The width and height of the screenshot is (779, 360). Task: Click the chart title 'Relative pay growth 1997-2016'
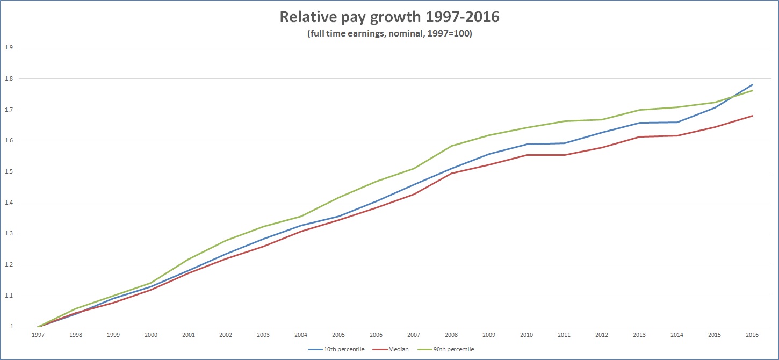[389, 17]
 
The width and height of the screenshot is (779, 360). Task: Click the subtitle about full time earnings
[389, 33]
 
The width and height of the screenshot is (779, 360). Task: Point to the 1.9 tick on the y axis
[9, 48]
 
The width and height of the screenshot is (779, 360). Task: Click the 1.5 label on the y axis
[9, 172]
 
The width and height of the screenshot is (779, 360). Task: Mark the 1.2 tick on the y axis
[9, 265]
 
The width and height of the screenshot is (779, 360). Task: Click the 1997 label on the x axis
[38, 335]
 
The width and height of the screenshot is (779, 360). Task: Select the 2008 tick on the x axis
[451, 335]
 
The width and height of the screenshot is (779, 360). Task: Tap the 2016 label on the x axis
[752, 335]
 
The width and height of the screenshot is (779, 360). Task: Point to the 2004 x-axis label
[301, 335]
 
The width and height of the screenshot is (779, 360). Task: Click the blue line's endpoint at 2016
[752, 84]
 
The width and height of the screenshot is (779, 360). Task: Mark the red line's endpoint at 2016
[752, 116]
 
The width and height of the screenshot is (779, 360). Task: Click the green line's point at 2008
[451, 146]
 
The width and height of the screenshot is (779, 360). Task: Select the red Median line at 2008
[451, 173]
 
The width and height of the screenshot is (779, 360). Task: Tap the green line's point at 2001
[188, 260]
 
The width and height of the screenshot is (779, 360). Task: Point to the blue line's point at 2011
[564, 143]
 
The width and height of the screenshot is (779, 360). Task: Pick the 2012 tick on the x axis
[602, 335]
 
